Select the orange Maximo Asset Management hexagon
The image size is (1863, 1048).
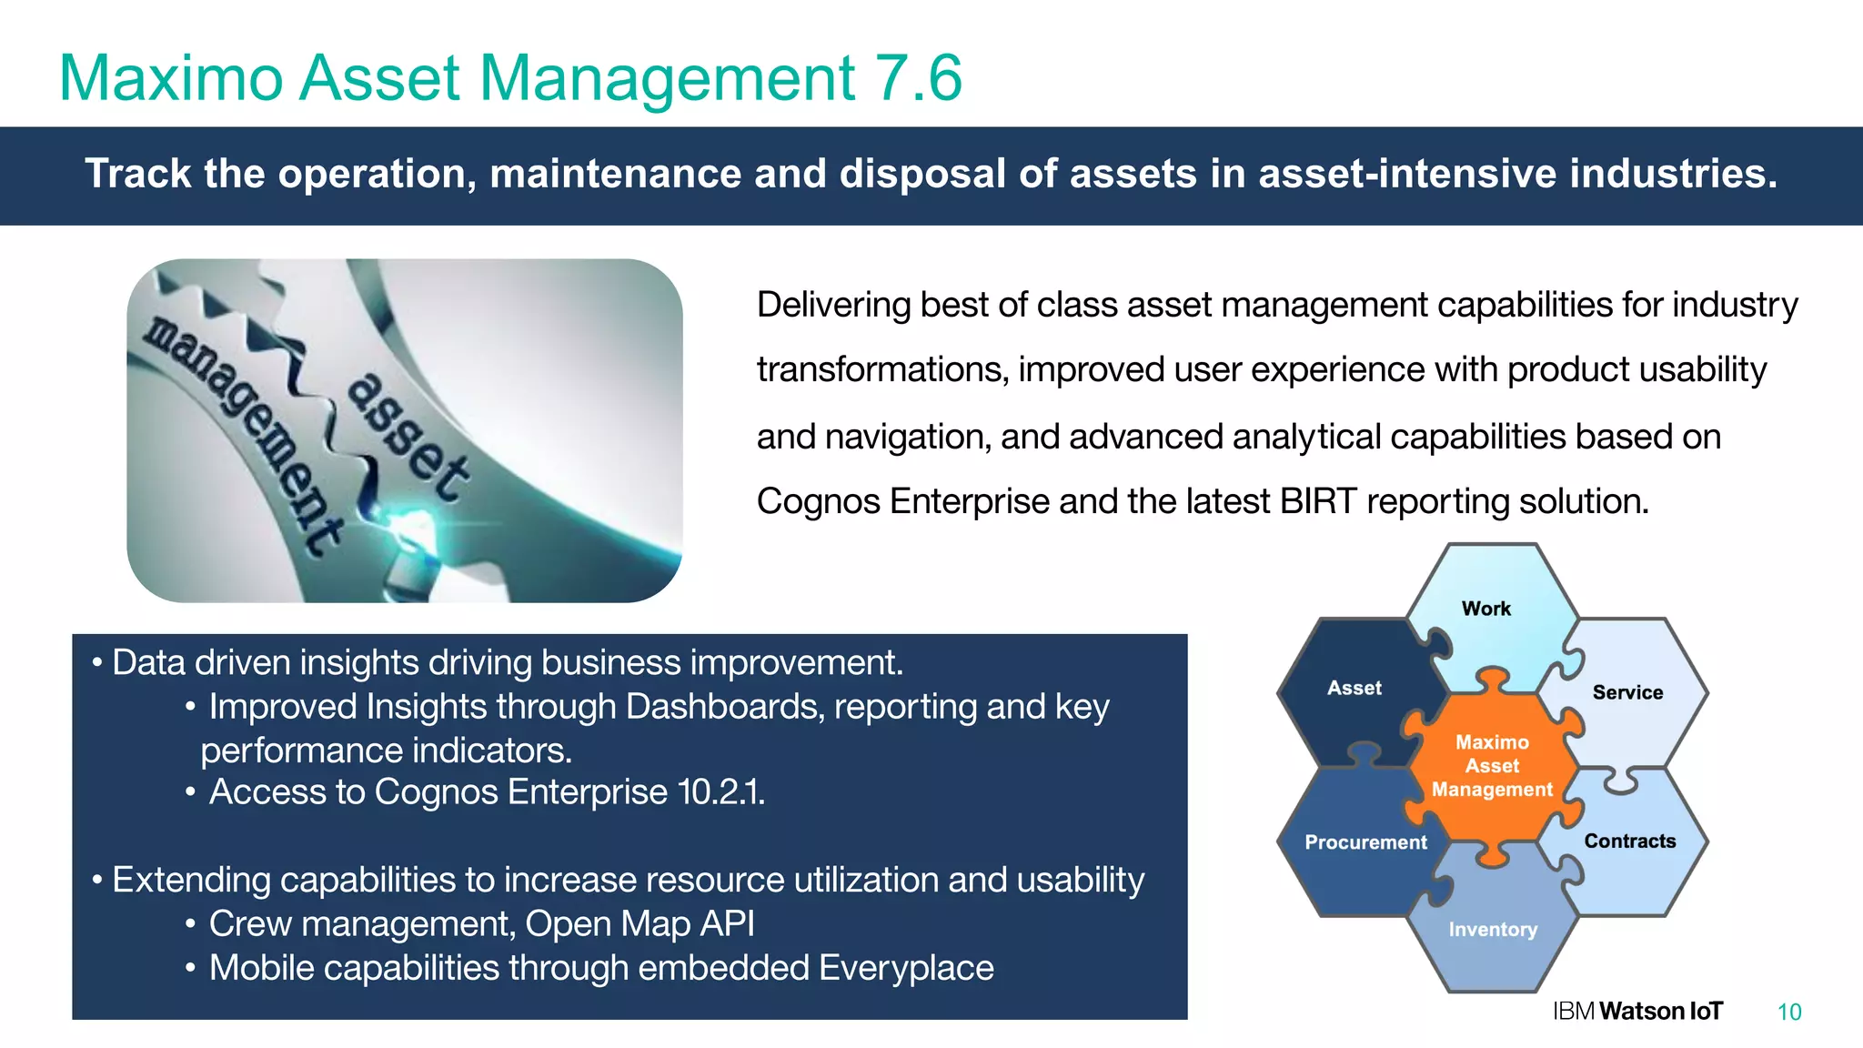pos(1492,766)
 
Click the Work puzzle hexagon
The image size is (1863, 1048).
pos(1485,609)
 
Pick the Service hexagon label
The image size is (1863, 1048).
pos(1627,692)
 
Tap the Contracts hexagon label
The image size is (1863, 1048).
pos(1629,841)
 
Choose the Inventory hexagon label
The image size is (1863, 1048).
pos(1493,930)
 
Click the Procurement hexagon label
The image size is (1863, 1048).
pos(1365,842)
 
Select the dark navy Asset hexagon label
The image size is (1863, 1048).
pos(1354,689)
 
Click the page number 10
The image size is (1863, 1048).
pos(1788,1013)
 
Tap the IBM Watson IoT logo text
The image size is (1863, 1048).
pos(1637,1012)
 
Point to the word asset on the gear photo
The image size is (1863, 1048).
pos(409,437)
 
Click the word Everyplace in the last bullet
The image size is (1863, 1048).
pos(905,968)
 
